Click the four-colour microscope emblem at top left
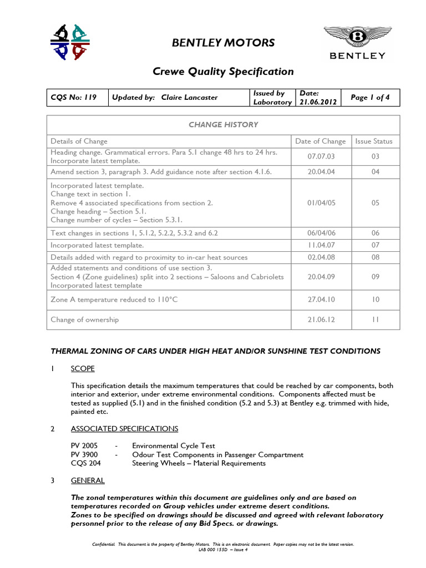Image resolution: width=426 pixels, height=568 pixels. pyautogui.click(x=70, y=43)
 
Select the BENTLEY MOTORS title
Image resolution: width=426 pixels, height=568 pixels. pyautogui.click(x=223, y=43)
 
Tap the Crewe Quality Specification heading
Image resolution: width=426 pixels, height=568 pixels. pyautogui.click(x=223, y=72)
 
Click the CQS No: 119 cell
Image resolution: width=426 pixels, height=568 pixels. pyautogui.click(x=74, y=98)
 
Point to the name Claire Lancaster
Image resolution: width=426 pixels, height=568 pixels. pyautogui.click(x=189, y=98)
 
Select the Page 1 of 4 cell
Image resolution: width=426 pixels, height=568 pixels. pyautogui.click(x=370, y=98)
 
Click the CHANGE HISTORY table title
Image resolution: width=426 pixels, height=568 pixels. pyautogui.click(x=223, y=125)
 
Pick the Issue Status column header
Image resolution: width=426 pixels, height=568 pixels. pyautogui.click(x=375, y=141)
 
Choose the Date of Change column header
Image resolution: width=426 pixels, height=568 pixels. pyautogui.click(x=321, y=141)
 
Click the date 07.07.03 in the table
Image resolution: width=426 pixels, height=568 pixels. pyautogui.click(x=321, y=156)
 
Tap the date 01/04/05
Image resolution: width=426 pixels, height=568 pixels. pyautogui.click(x=321, y=203)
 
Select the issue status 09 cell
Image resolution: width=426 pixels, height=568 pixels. pyautogui.click(x=375, y=277)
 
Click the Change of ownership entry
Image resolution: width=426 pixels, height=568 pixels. pyautogui.click(x=85, y=320)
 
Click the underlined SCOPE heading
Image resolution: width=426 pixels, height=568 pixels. pyautogui.click(x=83, y=369)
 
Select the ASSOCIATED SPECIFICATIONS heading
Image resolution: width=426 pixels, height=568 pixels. pyautogui.click(x=124, y=429)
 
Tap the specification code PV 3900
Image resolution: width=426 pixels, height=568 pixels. pyautogui.click(x=86, y=455)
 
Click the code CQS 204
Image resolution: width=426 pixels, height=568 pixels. pyautogui.click(x=86, y=463)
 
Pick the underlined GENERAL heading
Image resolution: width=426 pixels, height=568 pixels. pyautogui.click(x=88, y=480)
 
